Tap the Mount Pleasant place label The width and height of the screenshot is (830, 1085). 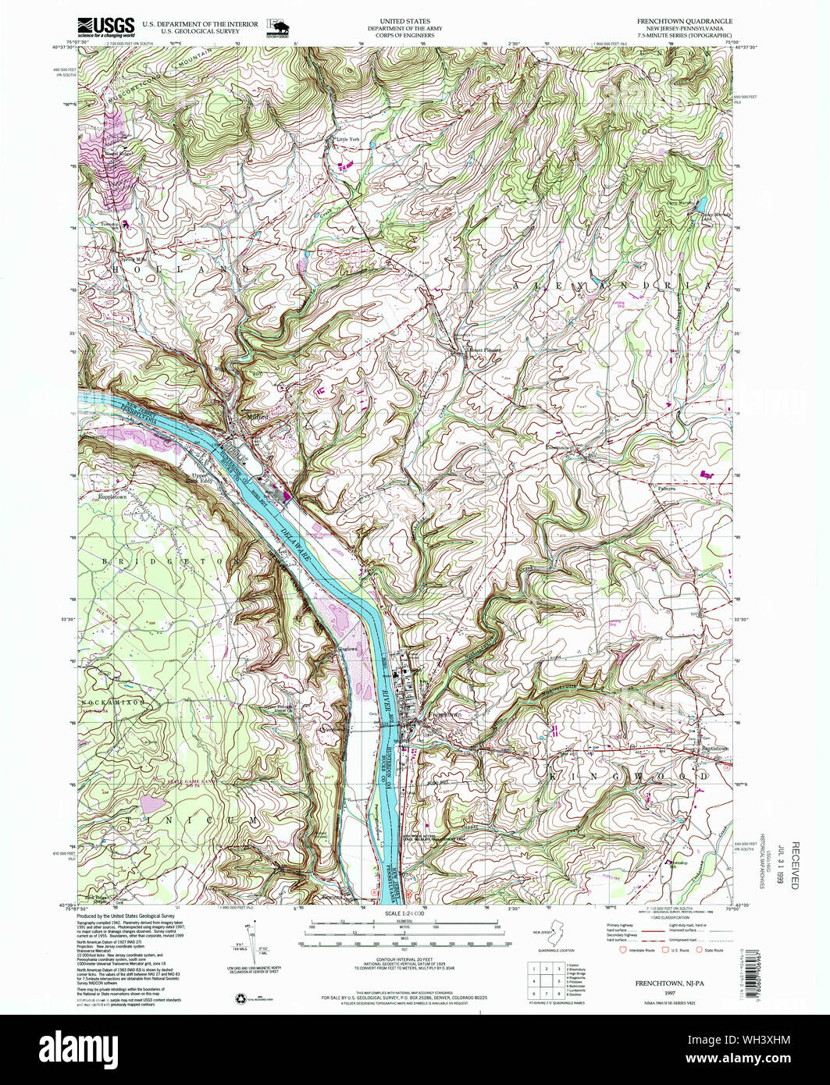click(x=483, y=350)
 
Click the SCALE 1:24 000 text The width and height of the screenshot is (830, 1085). click(x=404, y=914)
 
